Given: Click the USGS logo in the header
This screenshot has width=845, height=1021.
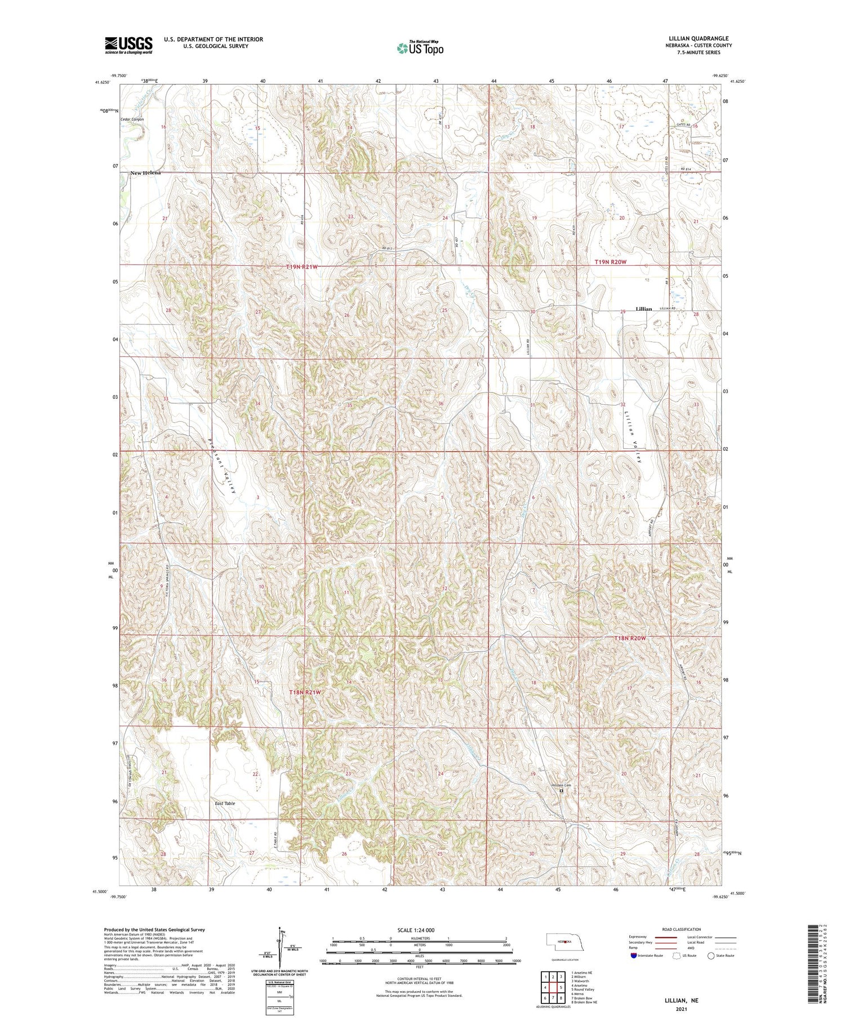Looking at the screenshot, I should (x=128, y=45).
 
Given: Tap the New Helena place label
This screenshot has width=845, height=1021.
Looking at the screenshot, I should (x=145, y=173).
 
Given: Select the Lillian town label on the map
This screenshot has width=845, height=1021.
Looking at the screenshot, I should (x=643, y=309).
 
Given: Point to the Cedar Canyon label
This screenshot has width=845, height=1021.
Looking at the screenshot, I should (x=132, y=119).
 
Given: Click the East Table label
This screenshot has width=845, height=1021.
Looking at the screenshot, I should (x=225, y=803).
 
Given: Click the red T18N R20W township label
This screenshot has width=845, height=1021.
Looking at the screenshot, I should (x=629, y=638).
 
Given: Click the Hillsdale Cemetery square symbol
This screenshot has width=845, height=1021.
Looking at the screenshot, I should (x=561, y=791).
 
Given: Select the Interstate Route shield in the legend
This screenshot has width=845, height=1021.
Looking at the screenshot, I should (x=634, y=955).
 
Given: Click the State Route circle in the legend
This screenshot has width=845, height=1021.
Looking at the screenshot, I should (x=711, y=955).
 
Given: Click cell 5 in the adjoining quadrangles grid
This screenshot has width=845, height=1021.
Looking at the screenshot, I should (x=561, y=987).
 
